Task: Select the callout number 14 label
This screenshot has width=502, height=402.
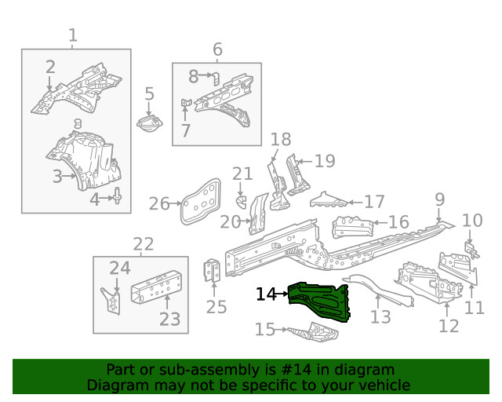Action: click(x=267, y=294)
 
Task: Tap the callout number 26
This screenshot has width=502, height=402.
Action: click(x=159, y=204)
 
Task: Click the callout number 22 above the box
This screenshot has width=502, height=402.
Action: click(x=142, y=244)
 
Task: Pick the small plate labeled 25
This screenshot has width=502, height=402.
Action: click(x=211, y=272)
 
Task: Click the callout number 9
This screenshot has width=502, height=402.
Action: click(x=439, y=199)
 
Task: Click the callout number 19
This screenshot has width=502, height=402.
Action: click(x=324, y=161)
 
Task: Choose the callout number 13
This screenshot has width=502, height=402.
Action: click(x=380, y=316)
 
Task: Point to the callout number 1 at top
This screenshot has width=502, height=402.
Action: click(x=73, y=35)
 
